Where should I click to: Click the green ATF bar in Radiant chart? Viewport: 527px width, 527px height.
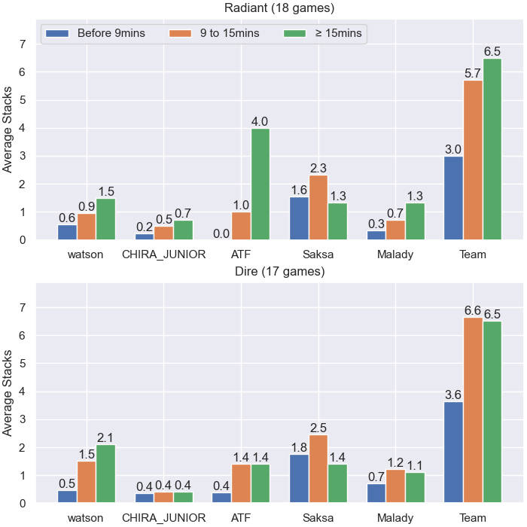pyautogui.click(x=260, y=184)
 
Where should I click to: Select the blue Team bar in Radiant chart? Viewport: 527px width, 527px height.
pyautogui.click(x=453, y=198)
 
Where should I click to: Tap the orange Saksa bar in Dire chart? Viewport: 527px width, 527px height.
pyautogui.click(x=318, y=469)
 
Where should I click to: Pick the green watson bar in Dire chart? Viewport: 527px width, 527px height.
pyautogui.click(x=106, y=474)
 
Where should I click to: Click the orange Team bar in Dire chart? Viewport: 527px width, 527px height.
pyautogui.click(x=473, y=410)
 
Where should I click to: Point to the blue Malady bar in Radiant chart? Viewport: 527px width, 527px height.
pyautogui.click(x=376, y=235)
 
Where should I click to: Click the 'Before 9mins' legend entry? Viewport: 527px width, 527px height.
pyautogui.click(x=96, y=33)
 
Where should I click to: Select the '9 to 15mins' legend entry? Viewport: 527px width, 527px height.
pyautogui.click(x=214, y=33)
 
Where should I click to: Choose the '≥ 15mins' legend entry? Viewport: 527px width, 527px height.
pyautogui.click(x=323, y=33)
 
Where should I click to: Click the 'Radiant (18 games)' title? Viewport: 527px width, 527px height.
pyautogui.click(x=279, y=8)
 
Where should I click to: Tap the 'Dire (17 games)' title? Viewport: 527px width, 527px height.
pyautogui.click(x=279, y=271)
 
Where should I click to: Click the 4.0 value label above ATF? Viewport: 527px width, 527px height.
pyautogui.click(x=260, y=121)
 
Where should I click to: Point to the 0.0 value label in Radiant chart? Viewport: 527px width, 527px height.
pyautogui.click(x=221, y=233)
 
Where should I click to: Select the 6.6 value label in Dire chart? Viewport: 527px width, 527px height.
pyautogui.click(x=473, y=310)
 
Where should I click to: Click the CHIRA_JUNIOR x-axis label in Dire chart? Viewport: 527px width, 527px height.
pyautogui.click(x=163, y=518)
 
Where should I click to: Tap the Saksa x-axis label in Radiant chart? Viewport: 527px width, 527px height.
pyautogui.click(x=318, y=254)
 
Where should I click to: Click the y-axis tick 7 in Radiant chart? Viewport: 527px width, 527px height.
pyautogui.click(x=23, y=44)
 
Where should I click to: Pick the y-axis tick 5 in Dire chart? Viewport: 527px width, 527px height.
pyautogui.click(x=23, y=364)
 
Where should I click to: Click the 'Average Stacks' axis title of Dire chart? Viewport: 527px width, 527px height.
pyautogui.click(x=7, y=393)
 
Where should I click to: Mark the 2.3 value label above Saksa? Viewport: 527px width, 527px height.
pyautogui.click(x=318, y=168)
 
